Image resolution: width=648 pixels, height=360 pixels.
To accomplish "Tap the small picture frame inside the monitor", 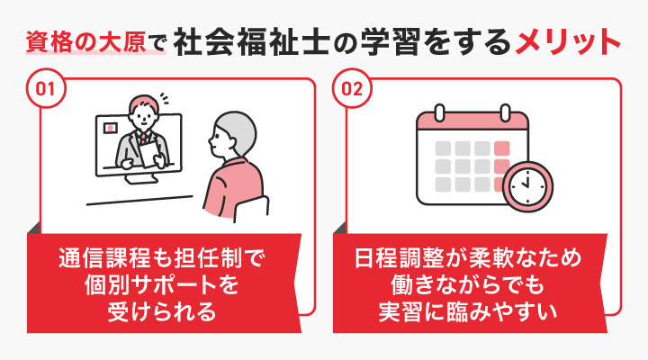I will [109, 128].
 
